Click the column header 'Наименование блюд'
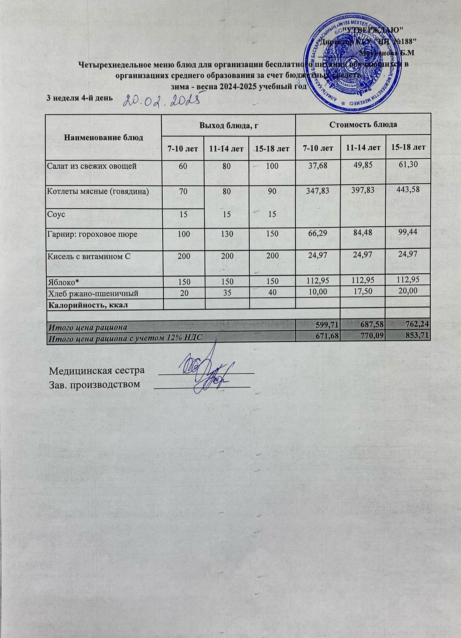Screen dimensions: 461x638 [x=104, y=138]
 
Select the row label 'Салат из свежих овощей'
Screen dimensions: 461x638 [x=92, y=165]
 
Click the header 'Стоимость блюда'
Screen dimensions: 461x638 [x=363, y=125]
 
